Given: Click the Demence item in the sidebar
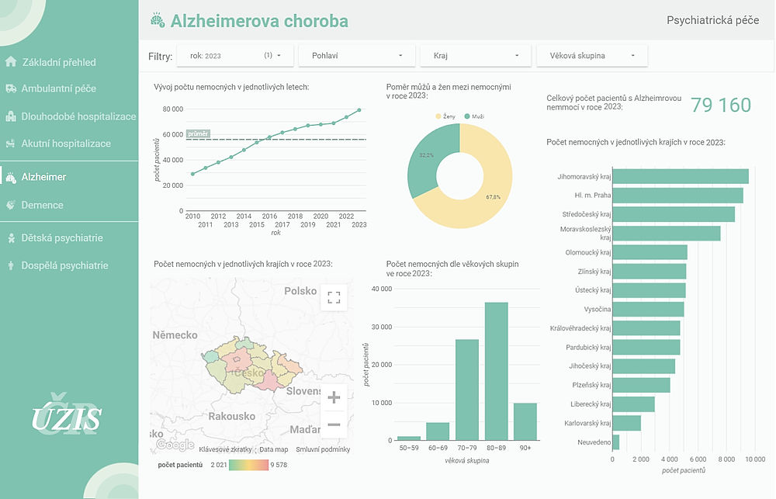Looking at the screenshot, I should [x=42, y=205].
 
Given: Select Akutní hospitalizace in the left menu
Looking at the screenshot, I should [x=66, y=144].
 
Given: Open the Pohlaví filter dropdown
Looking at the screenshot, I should [x=357, y=56].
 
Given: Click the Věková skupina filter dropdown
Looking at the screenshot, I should [x=591, y=56].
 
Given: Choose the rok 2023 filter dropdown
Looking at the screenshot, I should [x=235, y=56].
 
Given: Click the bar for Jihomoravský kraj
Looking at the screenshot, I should [x=681, y=177].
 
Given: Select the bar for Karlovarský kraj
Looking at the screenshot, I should [x=626, y=423].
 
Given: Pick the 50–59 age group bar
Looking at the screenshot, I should [x=409, y=438].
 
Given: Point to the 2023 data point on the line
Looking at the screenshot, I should [x=359, y=110].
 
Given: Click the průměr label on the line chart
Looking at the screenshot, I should [x=198, y=134].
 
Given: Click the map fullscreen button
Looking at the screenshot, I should [x=334, y=297].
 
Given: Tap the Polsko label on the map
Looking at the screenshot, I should [x=300, y=291].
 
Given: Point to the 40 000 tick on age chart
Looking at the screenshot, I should [x=380, y=289].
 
